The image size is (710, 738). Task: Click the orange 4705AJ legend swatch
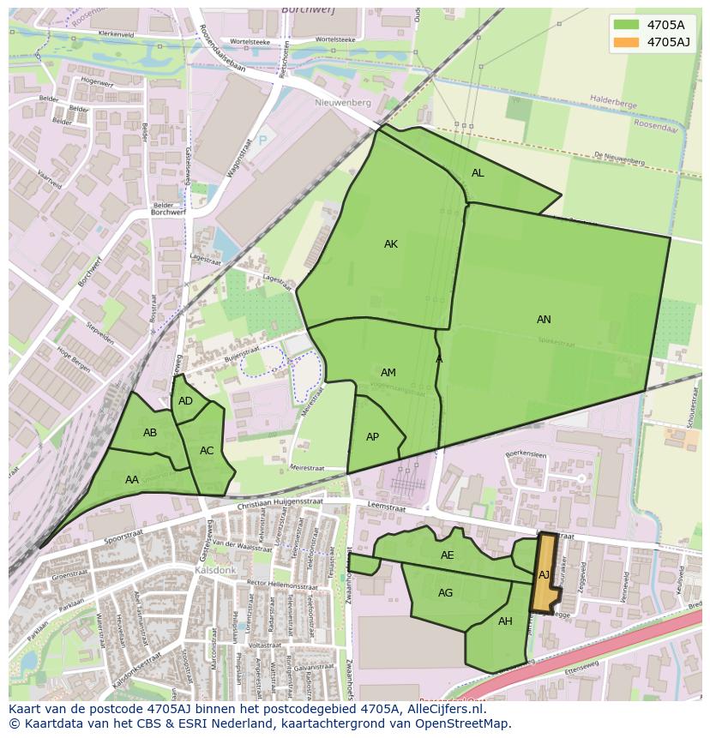click(627, 42)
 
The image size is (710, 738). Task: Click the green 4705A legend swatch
click(627, 25)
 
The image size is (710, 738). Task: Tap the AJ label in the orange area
click(544, 575)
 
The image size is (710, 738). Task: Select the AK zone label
click(391, 244)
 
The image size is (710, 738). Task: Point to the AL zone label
click(478, 173)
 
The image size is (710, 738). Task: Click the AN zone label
click(544, 320)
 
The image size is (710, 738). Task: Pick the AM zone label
click(388, 373)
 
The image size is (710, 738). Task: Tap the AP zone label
click(372, 437)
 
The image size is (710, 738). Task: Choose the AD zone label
click(185, 401)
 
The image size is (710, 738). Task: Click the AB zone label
click(150, 433)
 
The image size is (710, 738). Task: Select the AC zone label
click(207, 451)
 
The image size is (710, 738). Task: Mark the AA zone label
click(132, 480)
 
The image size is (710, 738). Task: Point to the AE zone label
click(447, 555)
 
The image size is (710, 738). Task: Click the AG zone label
click(445, 593)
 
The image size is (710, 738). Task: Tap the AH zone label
click(505, 621)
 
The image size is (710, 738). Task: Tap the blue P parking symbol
click(262, 140)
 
